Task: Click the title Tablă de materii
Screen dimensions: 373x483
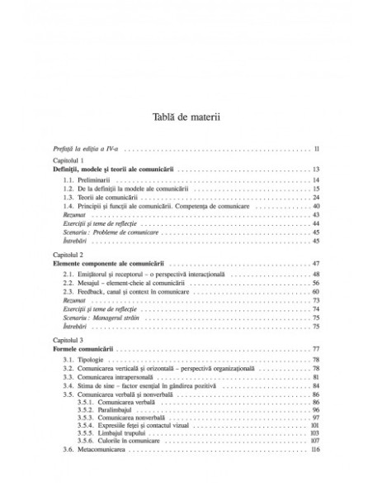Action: (186, 117)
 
